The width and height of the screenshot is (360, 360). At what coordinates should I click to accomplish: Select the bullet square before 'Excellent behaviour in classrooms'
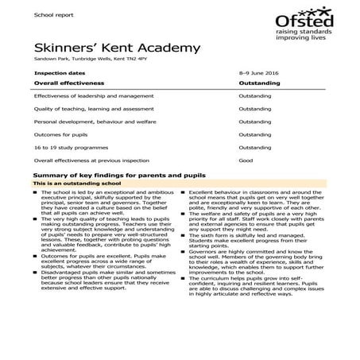[184, 192]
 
